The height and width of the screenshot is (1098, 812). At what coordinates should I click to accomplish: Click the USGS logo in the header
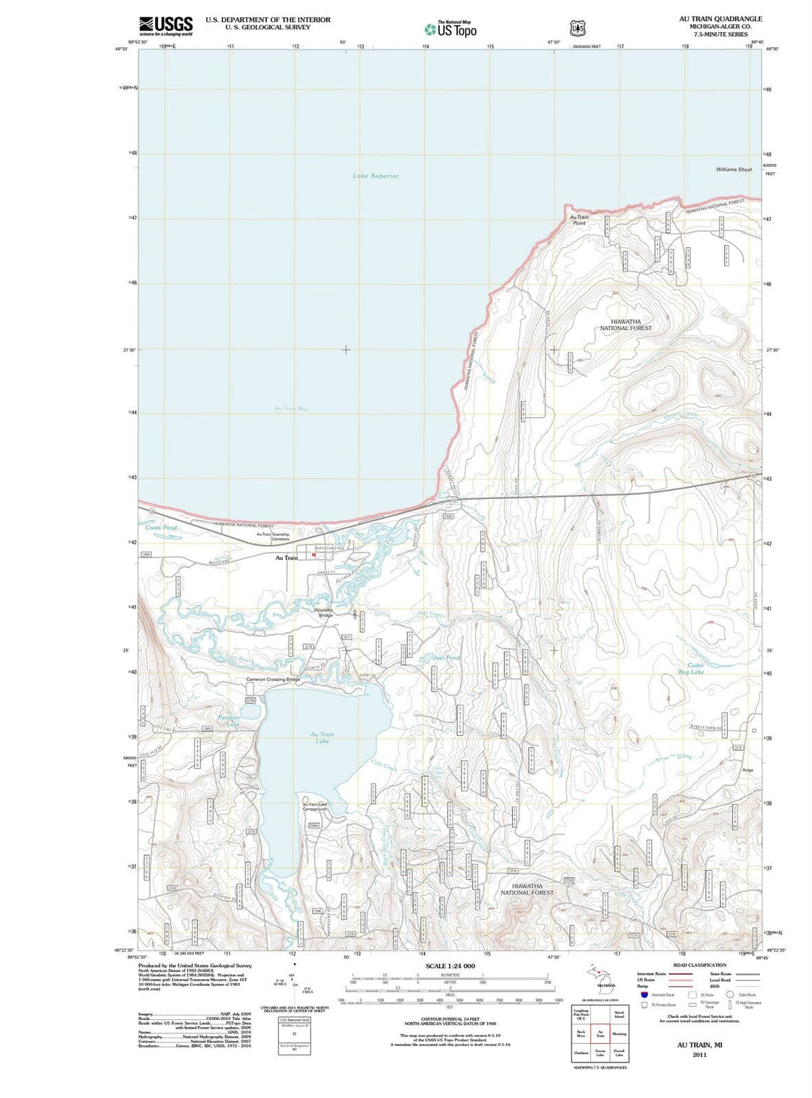click(x=165, y=26)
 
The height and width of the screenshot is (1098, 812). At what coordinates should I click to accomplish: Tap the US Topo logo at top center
click(x=450, y=29)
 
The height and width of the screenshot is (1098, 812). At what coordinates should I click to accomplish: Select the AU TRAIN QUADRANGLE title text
click(x=720, y=19)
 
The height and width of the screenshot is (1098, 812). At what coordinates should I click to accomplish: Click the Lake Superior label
click(x=376, y=176)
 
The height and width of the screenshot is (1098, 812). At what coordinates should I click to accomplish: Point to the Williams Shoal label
click(x=733, y=170)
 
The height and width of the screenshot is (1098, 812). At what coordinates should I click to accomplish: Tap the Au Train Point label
click(x=579, y=220)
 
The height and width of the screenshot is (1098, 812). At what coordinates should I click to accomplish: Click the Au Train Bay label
click(x=290, y=408)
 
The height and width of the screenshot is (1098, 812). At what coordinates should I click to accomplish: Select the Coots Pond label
click(x=161, y=528)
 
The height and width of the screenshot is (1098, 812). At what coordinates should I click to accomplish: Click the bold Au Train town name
click(x=286, y=558)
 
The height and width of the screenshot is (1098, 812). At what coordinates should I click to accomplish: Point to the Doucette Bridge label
click(x=324, y=613)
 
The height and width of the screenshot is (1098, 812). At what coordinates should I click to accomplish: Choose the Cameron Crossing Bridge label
click(x=273, y=679)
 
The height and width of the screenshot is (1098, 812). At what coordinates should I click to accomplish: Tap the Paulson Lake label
click(x=229, y=721)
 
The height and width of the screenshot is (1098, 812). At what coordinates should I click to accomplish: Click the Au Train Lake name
click(x=322, y=737)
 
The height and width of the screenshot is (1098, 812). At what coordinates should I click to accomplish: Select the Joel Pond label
click(x=447, y=658)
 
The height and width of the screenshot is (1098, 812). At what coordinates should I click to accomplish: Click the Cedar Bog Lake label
click(x=691, y=668)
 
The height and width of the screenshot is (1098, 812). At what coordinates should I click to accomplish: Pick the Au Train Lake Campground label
click(x=314, y=806)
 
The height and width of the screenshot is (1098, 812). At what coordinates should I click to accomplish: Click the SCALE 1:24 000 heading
click(x=450, y=966)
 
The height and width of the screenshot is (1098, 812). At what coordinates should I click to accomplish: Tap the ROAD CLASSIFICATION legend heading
click(x=699, y=965)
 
